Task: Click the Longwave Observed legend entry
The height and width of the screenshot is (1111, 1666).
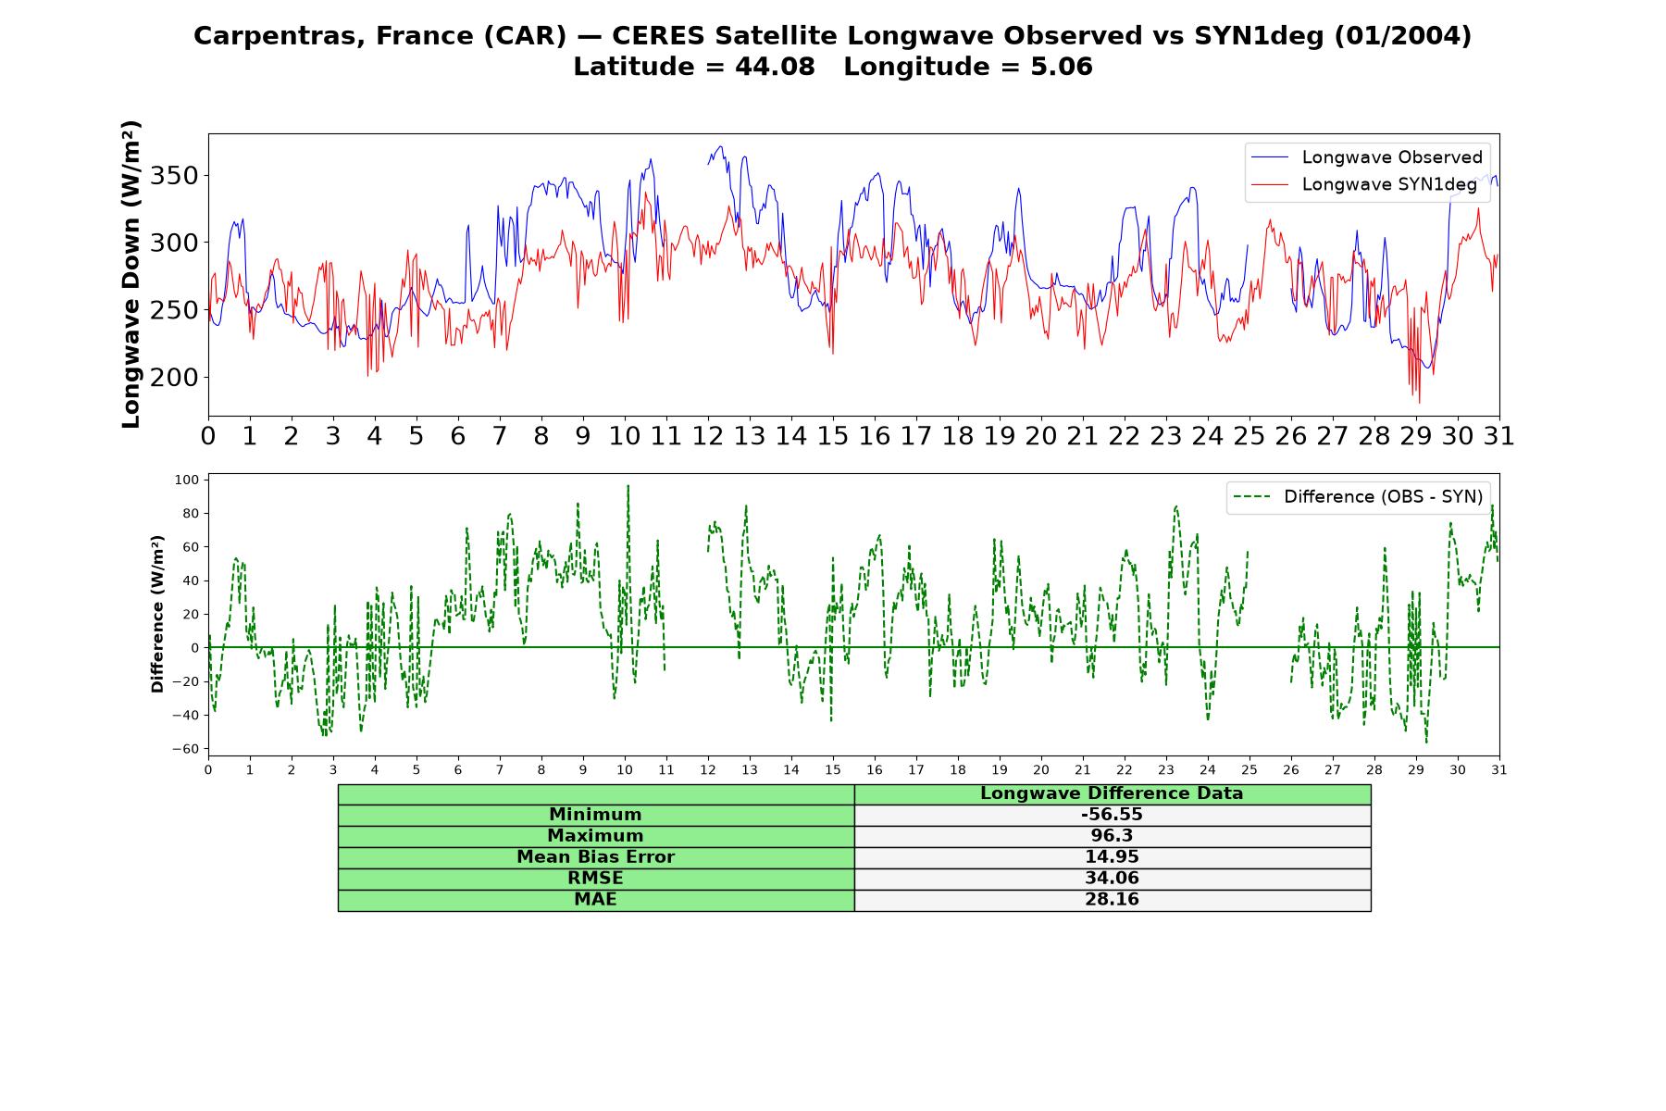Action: click(x=1366, y=157)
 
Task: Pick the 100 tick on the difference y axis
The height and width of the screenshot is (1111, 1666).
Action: click(x=187, y=480)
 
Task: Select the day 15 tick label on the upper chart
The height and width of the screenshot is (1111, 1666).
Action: click(x=833, y=436)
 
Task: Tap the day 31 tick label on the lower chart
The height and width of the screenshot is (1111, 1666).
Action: click(x=1499, y=769)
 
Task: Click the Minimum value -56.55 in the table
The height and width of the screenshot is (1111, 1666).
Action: click(x=1112, y=815)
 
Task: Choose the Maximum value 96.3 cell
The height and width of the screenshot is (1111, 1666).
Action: click(x=1112, y=836)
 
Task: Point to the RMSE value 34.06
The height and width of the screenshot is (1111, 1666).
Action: click(x=1112, y=879)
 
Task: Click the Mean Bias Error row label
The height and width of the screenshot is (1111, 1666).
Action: click(x=595, y=857)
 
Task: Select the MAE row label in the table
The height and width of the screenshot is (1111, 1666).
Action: click(x=595, y=900)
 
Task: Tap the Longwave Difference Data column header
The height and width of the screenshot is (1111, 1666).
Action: click(x=1112, y=793)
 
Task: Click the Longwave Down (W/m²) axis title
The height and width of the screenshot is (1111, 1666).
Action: click(x=131, y=274)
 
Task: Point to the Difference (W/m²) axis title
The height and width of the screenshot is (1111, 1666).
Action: click(x=157, y=614)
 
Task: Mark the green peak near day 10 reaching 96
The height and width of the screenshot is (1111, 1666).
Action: click(x=628, y=486)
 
